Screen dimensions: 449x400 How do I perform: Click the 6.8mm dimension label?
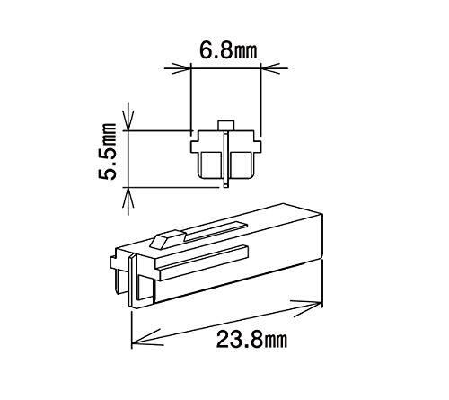tap(228, 50)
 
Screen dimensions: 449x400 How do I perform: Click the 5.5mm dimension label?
tap(107, 151)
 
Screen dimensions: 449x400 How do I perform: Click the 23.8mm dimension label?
tap(251, 339)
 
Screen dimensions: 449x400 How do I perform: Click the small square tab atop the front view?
tap(226, 125)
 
